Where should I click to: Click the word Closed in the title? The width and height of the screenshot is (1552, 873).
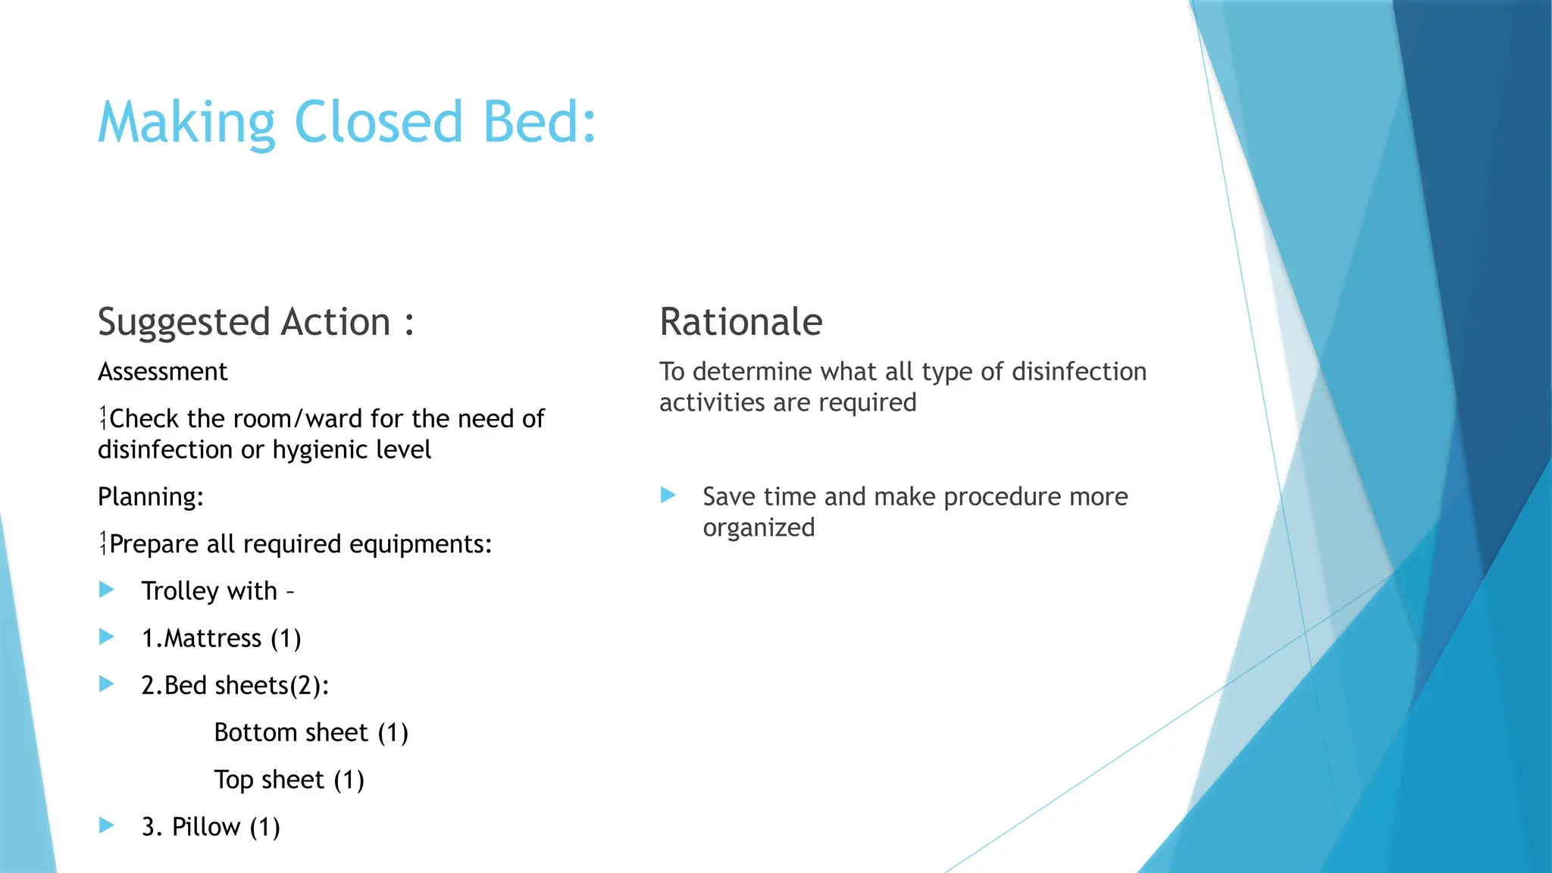pyautogui.click(x=377, y=122)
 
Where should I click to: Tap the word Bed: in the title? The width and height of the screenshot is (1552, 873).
pyautogui.click(x=540, y=122)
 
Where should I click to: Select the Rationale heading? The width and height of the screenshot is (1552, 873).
pyautogui.click(x=740, y=321)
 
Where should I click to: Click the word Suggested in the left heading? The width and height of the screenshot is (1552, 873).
pyautogui.click(x=183, y=323)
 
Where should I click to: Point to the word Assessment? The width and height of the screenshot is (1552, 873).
pyautogui.click(x=162, y=372)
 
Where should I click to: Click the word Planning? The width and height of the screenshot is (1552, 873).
pyautogui.click(x=151, y=497)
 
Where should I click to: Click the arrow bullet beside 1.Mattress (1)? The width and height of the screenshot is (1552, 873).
pyautogui.click(x=107, y=637)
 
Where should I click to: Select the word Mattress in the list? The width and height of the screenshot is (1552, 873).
pyautogui.click(x=213, y=639)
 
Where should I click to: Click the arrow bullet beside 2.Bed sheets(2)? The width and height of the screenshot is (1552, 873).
pyautogui.click(x=107, y=684)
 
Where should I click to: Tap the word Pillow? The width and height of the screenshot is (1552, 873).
pyautogui.click(x=205, y=827)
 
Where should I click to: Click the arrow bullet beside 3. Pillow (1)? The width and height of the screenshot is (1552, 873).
pyautogui.click(x=107, y=825)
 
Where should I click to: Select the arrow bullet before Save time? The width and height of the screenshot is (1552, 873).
pyautogui.click(x=668, y=496)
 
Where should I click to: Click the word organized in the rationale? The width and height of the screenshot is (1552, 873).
pyautogui.click(x=759, y=528)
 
